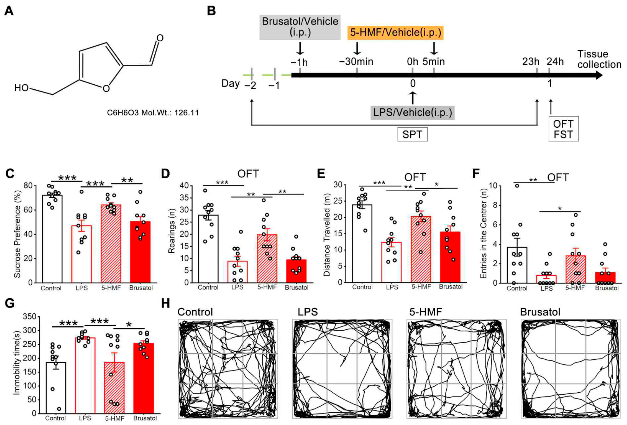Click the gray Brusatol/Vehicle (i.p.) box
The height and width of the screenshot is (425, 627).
pyautogui.click(x=300, y=27)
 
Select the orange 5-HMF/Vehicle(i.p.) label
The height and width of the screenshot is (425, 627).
pyautogui.click(x=395, y=32)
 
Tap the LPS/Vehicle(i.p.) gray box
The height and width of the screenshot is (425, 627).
pyautogui.click(x=412, y=112)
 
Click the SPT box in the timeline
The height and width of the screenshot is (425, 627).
pyautogui.click(x=412, y=134)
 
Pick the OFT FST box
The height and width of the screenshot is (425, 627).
pyautogui.click(x=563, y=129)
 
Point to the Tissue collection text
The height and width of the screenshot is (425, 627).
pyautogui.click(x=599, y=59)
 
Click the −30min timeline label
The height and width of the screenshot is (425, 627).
pyautogui.click(x=356, y=62)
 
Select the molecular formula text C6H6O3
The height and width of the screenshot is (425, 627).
pyautogui.click(x=123, y=113)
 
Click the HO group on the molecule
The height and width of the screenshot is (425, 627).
pyautogui.click(x=22, y=88)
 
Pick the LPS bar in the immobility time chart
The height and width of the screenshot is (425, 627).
pyautogui.click(x=85, y=375)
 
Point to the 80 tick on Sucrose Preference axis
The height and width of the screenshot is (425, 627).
pyautogui.click(x=28, y=186)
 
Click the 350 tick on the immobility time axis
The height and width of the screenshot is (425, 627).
pyautogui.click(x=29, y=317)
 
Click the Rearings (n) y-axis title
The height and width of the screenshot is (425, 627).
pyautogui.click(x=171, y=231)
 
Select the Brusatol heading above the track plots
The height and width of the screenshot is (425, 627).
pyautogui.click(x=540, y=312)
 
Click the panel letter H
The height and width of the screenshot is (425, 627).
pyautogui.click(x=166, y=303)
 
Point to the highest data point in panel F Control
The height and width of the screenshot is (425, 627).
pyautogui.click(x=517, y=186)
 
